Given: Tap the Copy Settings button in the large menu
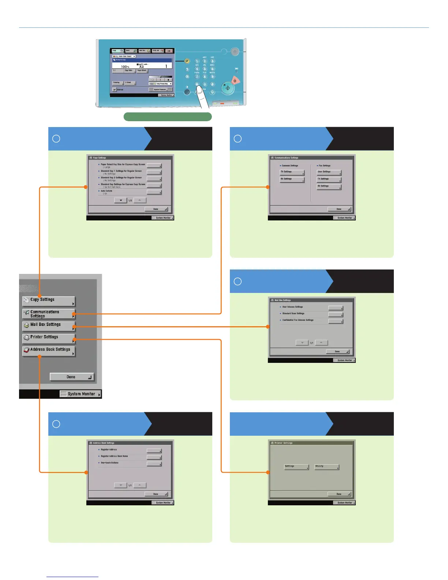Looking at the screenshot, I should (49, 301).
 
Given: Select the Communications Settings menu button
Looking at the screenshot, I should (49, 314).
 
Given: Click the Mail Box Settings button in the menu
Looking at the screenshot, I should (49, 326).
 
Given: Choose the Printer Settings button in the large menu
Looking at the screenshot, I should (49, 338).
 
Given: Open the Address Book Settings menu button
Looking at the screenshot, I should (49, 351).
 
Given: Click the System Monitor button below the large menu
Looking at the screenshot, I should (81, 394).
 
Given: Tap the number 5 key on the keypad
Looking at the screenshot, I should (205, 69).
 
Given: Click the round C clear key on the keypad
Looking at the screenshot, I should (212, 92).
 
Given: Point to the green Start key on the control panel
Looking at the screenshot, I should (228, 88).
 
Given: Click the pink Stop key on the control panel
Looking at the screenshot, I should (235, 81).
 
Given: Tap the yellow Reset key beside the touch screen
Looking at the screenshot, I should (187, 61).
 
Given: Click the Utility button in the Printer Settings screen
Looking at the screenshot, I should (327, 467).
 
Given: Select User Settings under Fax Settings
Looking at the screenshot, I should (329, 172).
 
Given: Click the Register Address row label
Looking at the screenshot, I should (109, 450).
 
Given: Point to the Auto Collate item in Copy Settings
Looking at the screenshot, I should (107, 191).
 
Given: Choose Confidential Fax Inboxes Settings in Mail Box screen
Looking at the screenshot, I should (298, 320).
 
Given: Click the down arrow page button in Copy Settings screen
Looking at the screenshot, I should (121, 200).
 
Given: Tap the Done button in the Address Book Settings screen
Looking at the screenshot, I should (156, 494).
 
